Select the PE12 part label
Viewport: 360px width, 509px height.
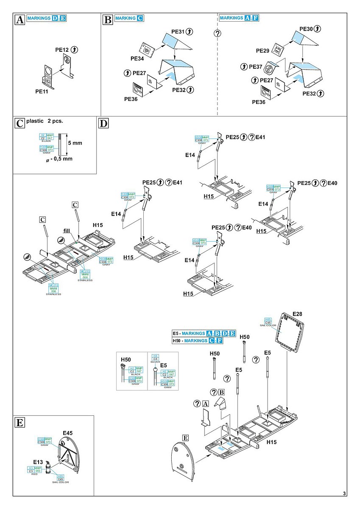(62, 50)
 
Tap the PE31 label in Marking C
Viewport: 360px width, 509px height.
(178, 32)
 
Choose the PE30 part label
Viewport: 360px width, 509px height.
(306, 29)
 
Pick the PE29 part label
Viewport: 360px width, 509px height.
(262, 50)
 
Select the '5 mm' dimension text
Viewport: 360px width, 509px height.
(75, 143)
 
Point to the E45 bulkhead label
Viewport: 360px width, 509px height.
(68, 433)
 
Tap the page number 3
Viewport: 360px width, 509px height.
(345, 493)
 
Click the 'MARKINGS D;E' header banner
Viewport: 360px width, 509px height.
(47, 18)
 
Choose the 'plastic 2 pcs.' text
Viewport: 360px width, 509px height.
(44, 121)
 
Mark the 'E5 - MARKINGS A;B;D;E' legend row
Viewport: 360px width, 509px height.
(204, 333)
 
